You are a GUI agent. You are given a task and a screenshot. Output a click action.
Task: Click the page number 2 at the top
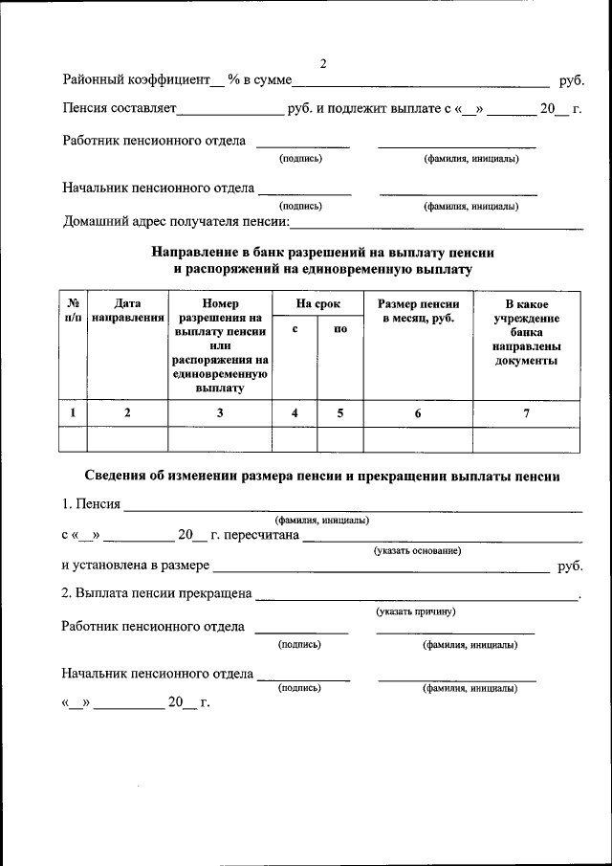coord(323,64)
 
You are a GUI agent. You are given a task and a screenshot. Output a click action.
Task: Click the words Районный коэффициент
coord(135,81)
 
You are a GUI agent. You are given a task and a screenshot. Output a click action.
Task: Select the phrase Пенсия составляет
coord(120,108)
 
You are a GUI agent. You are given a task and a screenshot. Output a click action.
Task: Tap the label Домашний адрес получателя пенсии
coord(176,222)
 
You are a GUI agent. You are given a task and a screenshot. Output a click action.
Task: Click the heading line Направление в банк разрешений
coord(322,253)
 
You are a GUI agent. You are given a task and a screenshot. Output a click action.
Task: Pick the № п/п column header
coord(73,310)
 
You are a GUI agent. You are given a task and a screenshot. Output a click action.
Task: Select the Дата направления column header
coord(127,310)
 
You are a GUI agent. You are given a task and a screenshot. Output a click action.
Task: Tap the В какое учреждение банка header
coord(525,332)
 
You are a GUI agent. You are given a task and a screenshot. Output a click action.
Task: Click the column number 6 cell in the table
coord(418,413)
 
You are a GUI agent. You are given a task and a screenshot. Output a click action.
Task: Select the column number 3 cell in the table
coord(220,413)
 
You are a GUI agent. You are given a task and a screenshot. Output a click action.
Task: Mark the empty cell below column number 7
coord(525,439)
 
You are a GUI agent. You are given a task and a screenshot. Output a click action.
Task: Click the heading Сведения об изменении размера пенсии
coord(322,476)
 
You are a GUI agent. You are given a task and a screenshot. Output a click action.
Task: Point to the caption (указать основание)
coord(417,550)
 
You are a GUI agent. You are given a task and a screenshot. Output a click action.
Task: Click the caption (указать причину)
coord(415,611)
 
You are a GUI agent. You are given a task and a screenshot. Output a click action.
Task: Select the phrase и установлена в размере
coord(135,566)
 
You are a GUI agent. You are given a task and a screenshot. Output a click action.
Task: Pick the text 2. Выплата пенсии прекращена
coord(156,593)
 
